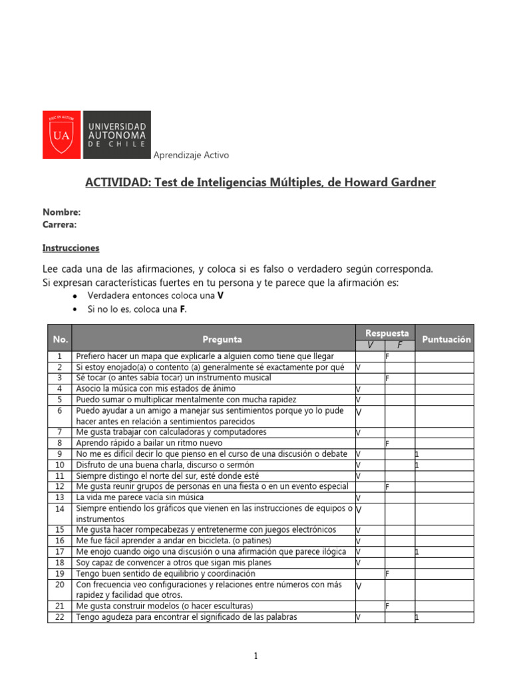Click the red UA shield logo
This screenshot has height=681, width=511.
(x=61, y=135)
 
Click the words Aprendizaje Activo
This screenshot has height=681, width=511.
(x=191, y=155)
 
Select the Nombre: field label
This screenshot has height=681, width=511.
(x=62, y=212)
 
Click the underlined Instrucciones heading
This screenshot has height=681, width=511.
(x=71, y=248)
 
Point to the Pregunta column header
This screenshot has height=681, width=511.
(x=222, y=339)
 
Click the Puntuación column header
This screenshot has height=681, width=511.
(x=446, y=339)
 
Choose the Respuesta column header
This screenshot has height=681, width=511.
(x=387, y=333)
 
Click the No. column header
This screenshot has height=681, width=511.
(x=60, y=339)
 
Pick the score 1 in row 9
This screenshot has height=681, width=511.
(x=417, y=454)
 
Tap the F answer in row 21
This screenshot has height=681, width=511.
(x=387, y=607)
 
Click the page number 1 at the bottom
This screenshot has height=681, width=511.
(x=255, y=656)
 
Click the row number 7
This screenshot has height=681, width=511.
(x=60, y=432)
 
